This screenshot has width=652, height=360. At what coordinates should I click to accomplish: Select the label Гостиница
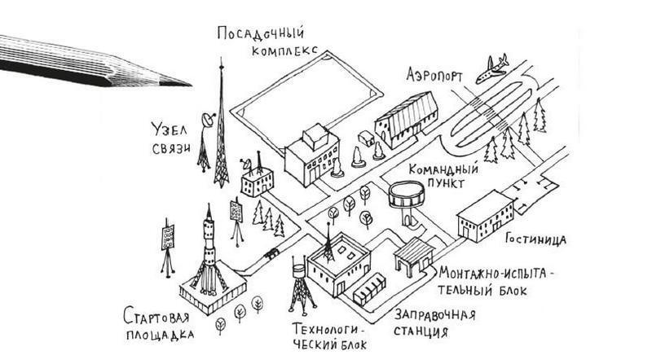coord(535,239)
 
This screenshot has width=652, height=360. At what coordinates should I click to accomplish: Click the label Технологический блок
coord(329,336)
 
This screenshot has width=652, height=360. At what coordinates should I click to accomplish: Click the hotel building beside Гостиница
coord(485,217)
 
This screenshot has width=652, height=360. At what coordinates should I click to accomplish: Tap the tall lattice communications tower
coord(220,130)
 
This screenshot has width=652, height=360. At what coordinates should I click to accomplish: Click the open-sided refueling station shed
coord(414,253)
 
